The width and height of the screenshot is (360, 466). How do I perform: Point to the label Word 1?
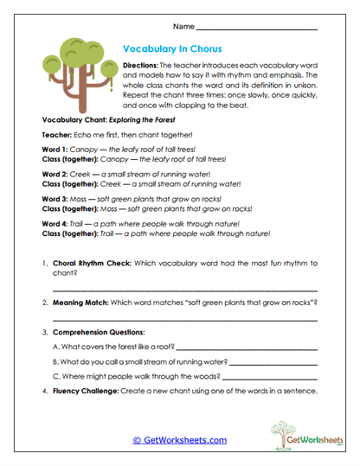(x=55, y=149)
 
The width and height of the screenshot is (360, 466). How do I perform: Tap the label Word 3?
(x=55, y=198)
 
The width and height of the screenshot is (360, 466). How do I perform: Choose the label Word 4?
(x=55, y=222)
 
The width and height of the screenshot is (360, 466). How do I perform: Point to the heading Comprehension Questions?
(x=99, y=332)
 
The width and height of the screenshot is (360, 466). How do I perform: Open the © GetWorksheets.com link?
(x=179, y=440)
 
